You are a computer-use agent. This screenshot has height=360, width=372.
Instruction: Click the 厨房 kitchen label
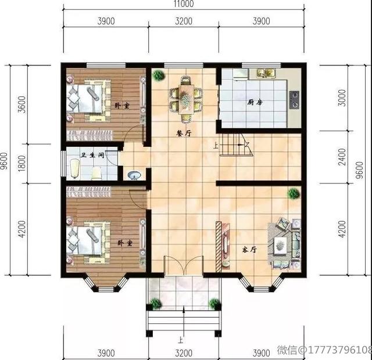255,102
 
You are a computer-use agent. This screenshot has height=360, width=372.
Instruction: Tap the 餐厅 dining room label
184,134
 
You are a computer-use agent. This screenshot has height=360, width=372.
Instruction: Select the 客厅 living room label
249,250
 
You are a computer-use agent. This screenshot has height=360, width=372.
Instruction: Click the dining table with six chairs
185,99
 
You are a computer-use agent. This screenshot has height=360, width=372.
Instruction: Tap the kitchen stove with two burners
294,99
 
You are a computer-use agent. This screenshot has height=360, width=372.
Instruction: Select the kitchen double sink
266,73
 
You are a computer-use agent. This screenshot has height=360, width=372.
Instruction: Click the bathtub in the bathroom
75,168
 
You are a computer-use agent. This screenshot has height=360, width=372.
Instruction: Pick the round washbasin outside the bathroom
134,175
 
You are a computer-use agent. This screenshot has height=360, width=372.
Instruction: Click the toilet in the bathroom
96,174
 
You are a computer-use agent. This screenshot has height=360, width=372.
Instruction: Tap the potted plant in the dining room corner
159,75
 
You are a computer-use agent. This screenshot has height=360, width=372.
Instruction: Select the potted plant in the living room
294,194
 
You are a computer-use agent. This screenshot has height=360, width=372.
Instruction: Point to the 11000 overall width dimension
184,3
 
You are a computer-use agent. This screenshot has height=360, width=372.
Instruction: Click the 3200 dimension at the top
184,21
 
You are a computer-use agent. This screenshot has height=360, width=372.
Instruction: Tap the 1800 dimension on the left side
22,163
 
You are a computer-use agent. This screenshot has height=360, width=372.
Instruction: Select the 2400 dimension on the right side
342,157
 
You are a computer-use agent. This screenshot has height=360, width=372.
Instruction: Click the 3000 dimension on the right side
342,98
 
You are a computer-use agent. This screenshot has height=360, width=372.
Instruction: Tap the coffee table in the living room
281,246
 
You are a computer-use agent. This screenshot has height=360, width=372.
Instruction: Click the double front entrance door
184,265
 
